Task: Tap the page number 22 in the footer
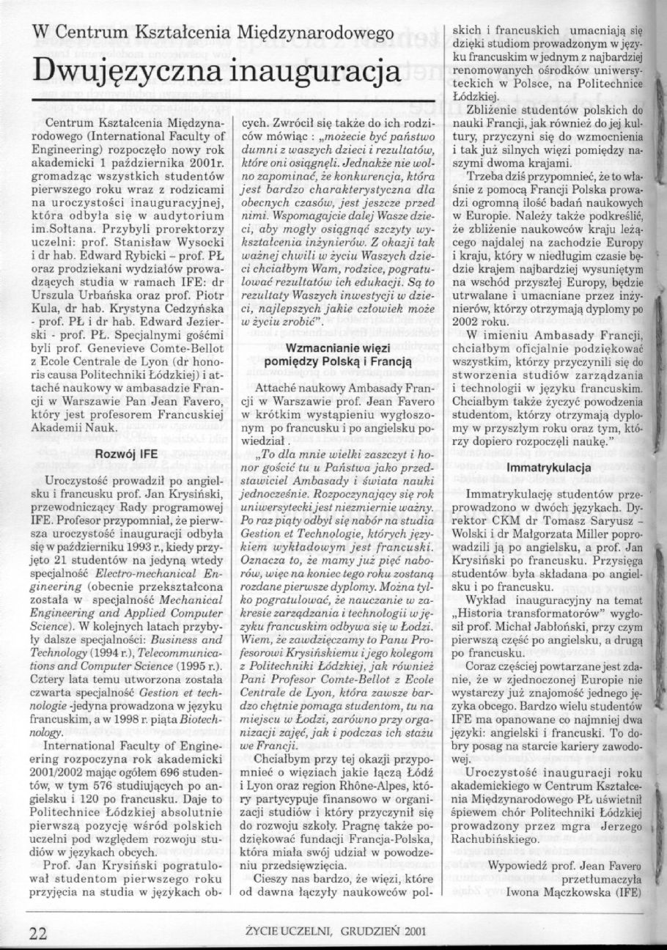coord(37,933)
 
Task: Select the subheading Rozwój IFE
coord(127,454)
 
